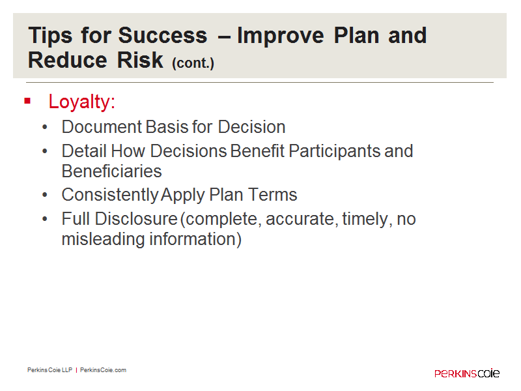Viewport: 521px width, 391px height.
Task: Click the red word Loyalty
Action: pyautogui.click(x=81, y=102)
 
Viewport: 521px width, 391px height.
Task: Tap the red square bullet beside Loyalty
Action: pyautogui.click(x=27, y=101)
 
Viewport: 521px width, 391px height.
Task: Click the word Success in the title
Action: pyautogui.click(x=162, y=35)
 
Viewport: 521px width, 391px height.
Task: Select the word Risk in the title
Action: pyautogui.click(x=140, y=60)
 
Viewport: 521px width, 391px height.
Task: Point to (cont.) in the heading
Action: pyautogui.click(x=193, y=63)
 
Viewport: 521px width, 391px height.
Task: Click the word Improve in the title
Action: pyautogui.click(x=281, y=36)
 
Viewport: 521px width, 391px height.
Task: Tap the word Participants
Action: pyautogui.click(x=334, y=152)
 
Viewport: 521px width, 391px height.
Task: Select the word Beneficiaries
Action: pyautogui.click(x=111, y=171)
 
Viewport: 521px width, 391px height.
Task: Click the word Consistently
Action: pyautogui.click(x=110, y=195)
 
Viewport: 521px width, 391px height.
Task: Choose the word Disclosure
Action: pyautogui.click(x=136, y=219)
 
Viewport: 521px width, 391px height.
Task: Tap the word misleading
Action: pyautogui.click(x=104, y=239)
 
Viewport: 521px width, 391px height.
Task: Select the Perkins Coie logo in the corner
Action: pyautogui.click(x=467, y=373)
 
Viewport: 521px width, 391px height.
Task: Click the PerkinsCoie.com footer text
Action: pyautogui.click(x=103, y=370)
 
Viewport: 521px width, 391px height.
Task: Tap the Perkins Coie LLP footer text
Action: pyautogui.click(x=50, y=370)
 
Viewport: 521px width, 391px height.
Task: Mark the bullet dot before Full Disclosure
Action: pyautogui.click(x=45, y=219)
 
